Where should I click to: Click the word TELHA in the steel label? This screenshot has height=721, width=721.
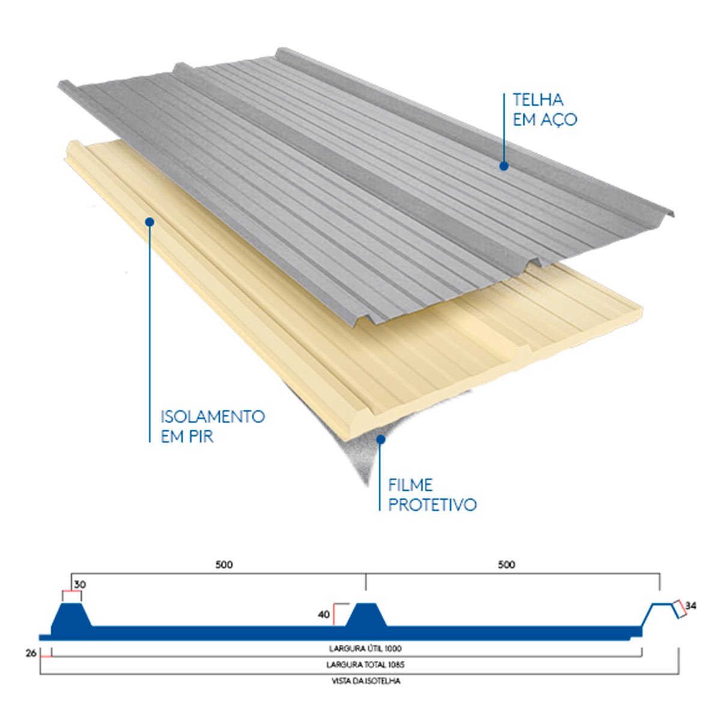tap(538, 100)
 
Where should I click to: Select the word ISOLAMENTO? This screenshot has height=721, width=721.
tap(213, 416)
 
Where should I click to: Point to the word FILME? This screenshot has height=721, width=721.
tap(410, 485)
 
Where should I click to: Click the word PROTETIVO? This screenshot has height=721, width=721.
tap(433, 505)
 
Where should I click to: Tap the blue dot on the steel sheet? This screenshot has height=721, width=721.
tap(504, 166)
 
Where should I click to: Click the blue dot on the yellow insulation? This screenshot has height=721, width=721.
tap(150, 222)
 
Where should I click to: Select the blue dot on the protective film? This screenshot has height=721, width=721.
tap(380, 439)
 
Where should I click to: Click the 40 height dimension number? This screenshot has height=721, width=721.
tap(324, 615)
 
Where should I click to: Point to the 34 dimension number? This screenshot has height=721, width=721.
tap(691, 606)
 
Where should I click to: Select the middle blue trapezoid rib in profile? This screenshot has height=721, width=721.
tap(366, 615)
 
